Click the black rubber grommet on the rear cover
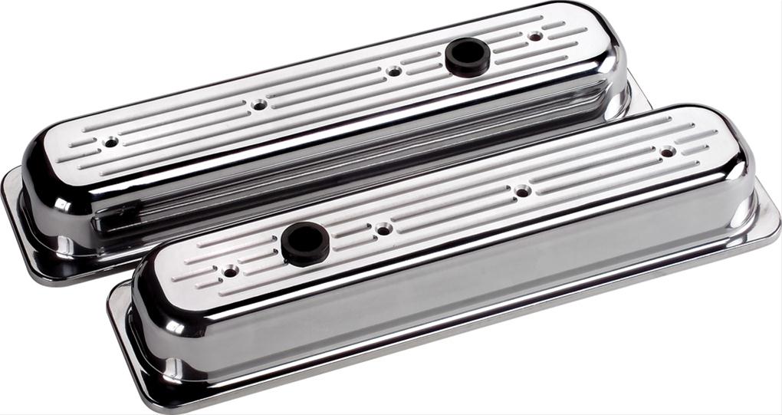(x=467, y=56)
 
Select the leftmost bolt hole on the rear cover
(x=112, y=142)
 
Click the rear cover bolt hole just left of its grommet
(x=393, y=71)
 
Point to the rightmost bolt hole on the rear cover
(x=535, y=35)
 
